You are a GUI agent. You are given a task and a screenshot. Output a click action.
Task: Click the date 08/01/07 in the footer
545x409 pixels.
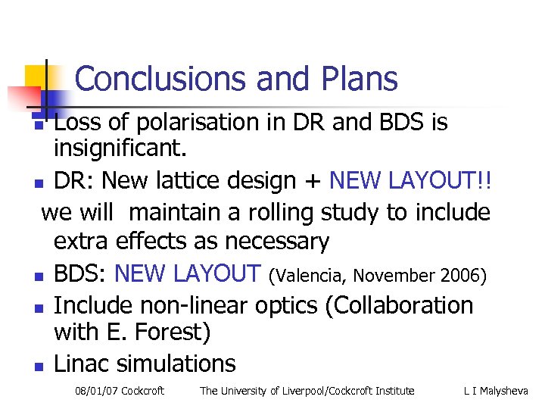coord(95,391)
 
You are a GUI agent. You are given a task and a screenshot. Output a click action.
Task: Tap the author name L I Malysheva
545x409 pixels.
coord(496,391)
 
